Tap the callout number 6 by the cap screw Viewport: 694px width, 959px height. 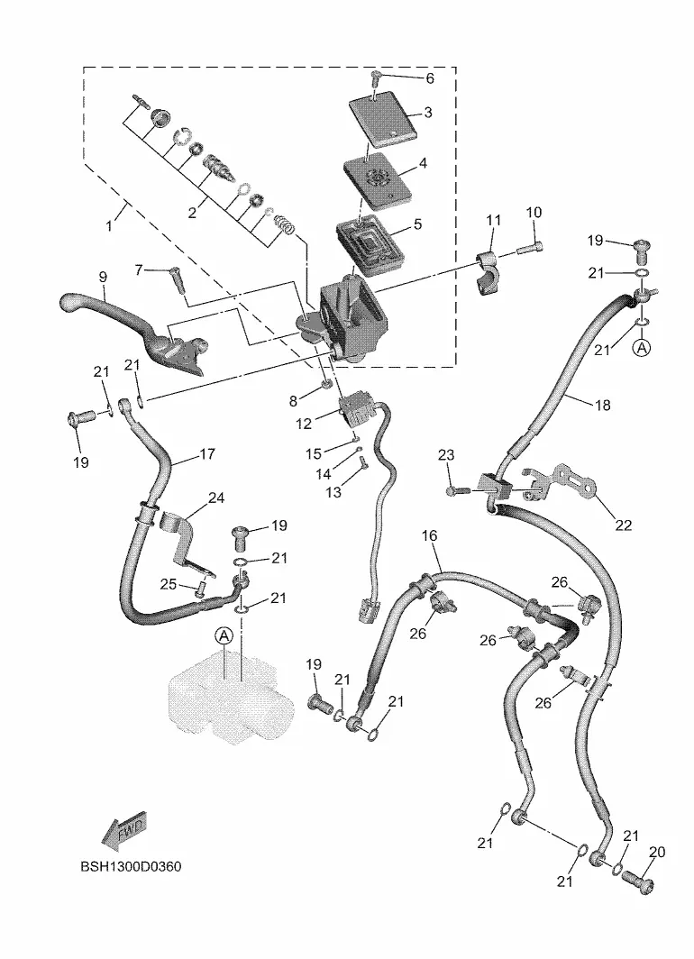click(429, 78)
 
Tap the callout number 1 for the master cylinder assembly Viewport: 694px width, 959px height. click(110, 226)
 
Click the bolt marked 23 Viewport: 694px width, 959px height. click(454, 491)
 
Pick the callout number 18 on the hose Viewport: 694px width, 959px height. click(602, 406)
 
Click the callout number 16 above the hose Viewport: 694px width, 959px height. click(430, 535)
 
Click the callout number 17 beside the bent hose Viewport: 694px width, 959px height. click(207, 454)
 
